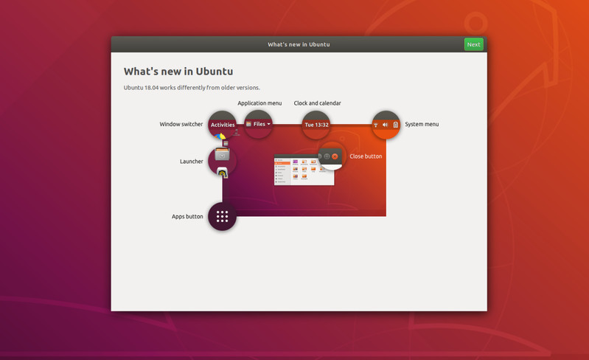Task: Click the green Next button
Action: point(473,44)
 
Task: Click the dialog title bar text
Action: point(299,44)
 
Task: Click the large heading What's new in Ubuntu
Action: point(178,72)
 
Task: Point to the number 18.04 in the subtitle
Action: point(151,88)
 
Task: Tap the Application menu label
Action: point(259,103)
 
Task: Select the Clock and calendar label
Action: point(318,103)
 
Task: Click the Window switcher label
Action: point(181,124)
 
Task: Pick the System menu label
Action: point(422,124)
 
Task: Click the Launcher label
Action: point(191,162)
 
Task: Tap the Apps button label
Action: point(187,216)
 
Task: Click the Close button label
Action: point(366,156)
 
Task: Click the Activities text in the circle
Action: point(223,125)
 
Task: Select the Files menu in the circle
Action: point(259,124)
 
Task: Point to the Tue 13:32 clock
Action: point(317,125)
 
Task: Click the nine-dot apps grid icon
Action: point(222,216)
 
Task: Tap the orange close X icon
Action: point(335,156)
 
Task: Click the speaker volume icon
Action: point(385,125)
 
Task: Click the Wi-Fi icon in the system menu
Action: point(376,125)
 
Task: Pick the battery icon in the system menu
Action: point(396,125)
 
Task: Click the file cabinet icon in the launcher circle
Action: point(222,154)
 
